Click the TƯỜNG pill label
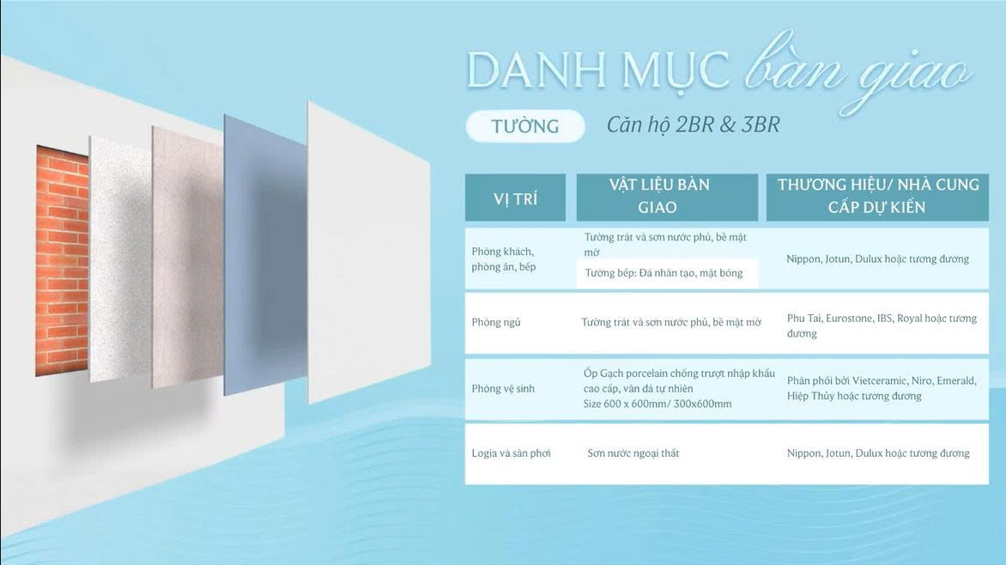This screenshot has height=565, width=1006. pos(524,126)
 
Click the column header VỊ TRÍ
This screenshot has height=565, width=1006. pos(515,199)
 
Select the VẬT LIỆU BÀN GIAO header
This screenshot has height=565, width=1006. pos(659,196)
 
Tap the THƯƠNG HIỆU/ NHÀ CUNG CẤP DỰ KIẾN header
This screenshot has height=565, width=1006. pos(878,196)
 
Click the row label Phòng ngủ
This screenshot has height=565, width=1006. pos(496,322)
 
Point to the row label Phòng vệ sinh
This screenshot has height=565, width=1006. pos(503,388)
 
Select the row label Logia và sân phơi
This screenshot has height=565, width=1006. pos(512,453)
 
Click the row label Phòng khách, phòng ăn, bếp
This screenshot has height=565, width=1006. pos(504,258)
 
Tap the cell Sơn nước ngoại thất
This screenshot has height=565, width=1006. pos(633,453)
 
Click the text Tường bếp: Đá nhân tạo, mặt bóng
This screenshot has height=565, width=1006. pos(664,273)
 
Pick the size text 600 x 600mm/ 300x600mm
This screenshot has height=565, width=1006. pos(668,404)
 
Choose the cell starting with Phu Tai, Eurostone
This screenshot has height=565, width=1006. pos(882,325)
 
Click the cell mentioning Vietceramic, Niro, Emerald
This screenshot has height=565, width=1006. pos(882,388)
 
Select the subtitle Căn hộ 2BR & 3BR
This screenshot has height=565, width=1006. pos(693,125)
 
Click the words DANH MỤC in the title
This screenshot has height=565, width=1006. pos(598,70)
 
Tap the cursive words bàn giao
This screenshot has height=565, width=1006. pos(857,70)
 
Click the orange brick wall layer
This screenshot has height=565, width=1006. pos(63,260)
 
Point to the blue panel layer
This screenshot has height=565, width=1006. pos(265,255)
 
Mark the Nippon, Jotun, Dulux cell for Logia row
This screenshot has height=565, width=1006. pos(878,453)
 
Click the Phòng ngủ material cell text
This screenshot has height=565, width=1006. pos(671,322)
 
